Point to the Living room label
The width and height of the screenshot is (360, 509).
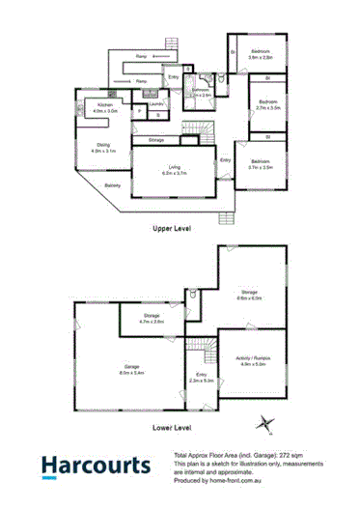click(x=175, y=169)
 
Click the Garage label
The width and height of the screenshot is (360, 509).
click(x=130, y=368)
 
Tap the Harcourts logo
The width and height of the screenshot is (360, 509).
click(x=96, y=467)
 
